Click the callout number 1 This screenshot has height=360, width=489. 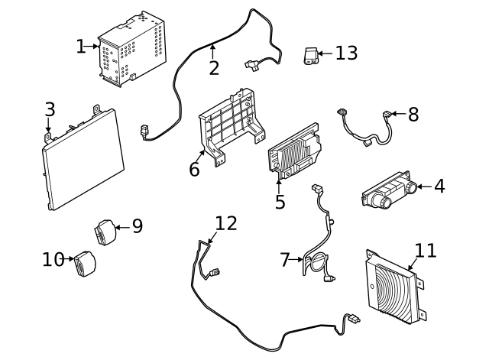81,47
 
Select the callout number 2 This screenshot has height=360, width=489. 214,69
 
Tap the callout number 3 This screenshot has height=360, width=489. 50,109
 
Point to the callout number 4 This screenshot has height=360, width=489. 439,186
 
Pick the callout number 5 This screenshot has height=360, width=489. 280,202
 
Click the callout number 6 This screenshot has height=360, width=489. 194,169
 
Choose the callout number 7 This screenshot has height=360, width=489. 285,261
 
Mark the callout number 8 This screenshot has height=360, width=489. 413,115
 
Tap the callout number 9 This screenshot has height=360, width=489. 137,226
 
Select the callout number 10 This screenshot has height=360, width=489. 53,260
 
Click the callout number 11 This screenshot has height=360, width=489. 425,251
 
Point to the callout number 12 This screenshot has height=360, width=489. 225,223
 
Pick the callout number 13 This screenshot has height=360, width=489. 346,53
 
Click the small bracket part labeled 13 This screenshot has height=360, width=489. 310,57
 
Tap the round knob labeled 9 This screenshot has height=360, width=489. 104,232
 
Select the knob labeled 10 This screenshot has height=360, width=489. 84,266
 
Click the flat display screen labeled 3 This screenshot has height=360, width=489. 83,158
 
